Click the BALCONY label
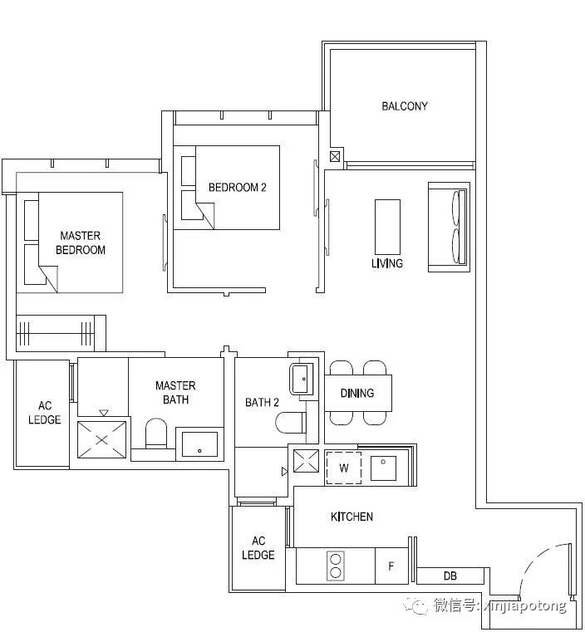point(405,106)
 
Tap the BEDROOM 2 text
point(237,187)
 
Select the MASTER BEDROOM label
point(81,243)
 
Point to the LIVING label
point(387,263)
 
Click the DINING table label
point(357,393)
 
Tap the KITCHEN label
point(351,517)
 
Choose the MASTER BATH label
point(175,393)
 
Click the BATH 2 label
point(262,402)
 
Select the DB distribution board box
point(450,576)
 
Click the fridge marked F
point(391,566)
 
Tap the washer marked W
point(343,468)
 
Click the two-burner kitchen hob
point(336,566)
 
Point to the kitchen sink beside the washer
point(383,468)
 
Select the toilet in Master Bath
point(155,434)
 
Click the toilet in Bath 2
point(291,422)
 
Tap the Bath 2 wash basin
point(301,379)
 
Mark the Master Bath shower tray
point(101,439)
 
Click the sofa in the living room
point(449,227)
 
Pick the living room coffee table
point(387,228)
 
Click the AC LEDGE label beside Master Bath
point(44,413)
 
